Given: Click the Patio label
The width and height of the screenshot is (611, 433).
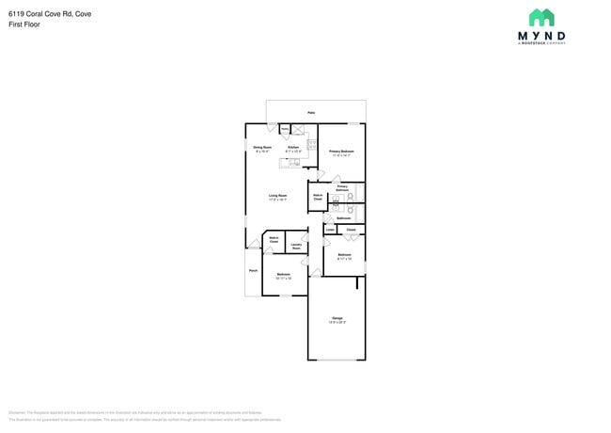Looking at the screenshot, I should click(x=311, y=110).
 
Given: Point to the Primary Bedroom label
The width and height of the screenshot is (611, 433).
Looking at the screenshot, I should click(x=341, y=152).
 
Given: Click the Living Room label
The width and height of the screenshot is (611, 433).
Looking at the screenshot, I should click(x=277, y=197).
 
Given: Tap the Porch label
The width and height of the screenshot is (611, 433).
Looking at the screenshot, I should click(x=253, y=271).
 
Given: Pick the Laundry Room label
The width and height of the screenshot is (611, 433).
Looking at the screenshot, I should click(x=296, y=246).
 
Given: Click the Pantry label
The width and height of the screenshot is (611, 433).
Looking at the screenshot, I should click(x=284, y=129).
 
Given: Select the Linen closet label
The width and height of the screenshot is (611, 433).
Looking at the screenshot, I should click(x=330, y=229).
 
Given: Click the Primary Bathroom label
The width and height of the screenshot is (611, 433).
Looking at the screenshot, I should click(x=342, y=188).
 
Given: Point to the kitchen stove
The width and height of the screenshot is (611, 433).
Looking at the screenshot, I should click(x=312, y=144).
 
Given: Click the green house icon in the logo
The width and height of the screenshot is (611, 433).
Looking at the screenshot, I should click(x=541, y=18).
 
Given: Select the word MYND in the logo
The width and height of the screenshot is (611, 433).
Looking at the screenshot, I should click(x=541, y=36).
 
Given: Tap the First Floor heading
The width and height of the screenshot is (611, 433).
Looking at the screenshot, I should click(x=24, y=24).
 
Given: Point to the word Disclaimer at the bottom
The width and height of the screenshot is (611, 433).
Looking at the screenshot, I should click(x=17, y=412).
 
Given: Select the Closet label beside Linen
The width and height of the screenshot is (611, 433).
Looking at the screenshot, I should click(x=350, y=229).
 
